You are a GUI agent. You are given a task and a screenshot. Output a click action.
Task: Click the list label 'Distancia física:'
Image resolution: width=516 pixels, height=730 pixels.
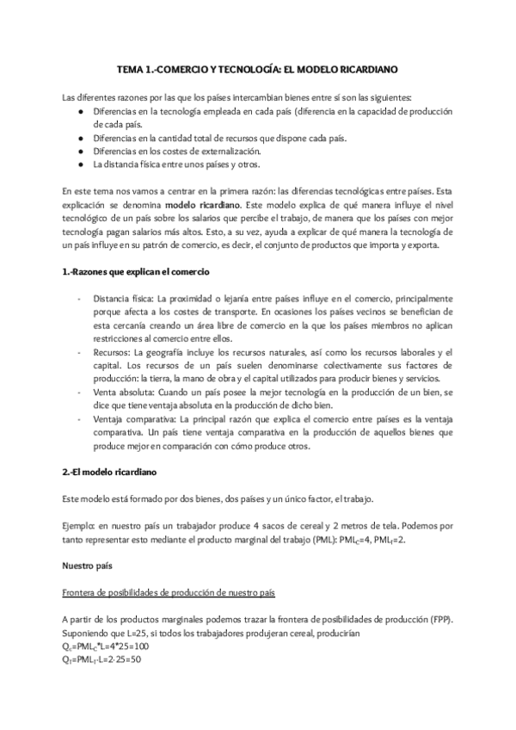click(x=122, y=297)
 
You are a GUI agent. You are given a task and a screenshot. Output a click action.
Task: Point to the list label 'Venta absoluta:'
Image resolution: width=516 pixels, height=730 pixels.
click(x=126, y=391)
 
